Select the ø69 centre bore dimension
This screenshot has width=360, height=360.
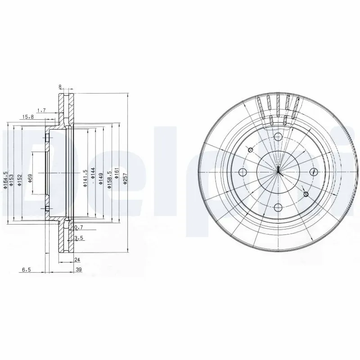click(30, 178)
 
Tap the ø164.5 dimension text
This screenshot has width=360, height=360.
click(5, 180)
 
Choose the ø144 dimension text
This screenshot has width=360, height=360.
click(93, 175)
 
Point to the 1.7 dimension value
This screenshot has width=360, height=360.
click(41, 109)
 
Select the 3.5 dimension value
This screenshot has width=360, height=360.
click(79, 238)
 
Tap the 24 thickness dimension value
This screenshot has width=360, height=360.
click(76, 260)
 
